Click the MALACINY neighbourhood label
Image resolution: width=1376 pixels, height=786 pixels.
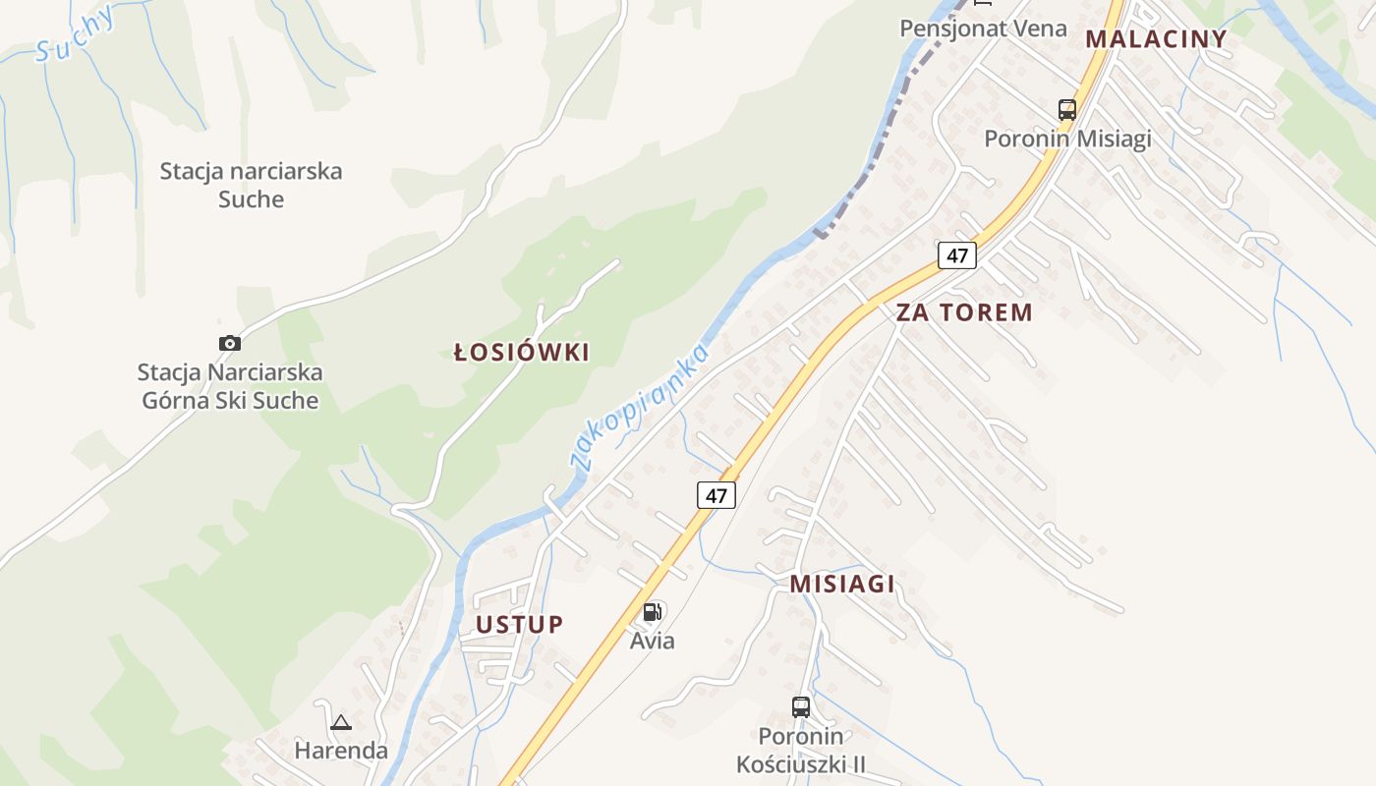tap(1156, 39)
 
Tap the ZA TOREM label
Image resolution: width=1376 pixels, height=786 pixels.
tap(963, 313)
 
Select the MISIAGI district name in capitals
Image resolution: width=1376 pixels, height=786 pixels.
tap(842, 585)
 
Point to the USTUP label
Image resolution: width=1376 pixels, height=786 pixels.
tap(520, 625)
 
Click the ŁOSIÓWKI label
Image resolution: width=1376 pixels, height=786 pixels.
tap(522, 353)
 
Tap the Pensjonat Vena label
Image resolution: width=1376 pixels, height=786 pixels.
tap(983, 28)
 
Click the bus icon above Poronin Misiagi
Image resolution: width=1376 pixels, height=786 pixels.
tap(1067, 109)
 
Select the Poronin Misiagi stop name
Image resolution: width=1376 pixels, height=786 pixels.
tap(1067, 139)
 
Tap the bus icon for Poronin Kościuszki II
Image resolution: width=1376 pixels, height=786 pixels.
tap(801, 706)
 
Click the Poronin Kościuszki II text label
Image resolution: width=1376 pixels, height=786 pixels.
tap(801, 750)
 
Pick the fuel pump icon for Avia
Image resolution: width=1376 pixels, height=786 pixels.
tap(652, 613)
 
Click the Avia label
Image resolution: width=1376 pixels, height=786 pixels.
tap(653, 642)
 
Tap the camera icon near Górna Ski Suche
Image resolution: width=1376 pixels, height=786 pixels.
tap(229, 343)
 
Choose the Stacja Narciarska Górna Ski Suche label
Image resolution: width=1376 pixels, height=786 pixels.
tap(230, 386)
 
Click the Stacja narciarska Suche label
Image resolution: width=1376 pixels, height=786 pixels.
tap(251, 185)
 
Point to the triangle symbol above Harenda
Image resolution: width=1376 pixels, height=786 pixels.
tap(341, 723)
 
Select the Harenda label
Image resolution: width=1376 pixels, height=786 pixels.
tap(341, 751)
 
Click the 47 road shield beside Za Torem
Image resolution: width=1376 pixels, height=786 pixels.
tap(956, 255)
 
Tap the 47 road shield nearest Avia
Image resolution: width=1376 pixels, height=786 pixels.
tap(717, 495)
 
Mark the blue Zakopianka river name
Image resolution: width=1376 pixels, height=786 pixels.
tap(640, 407)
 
